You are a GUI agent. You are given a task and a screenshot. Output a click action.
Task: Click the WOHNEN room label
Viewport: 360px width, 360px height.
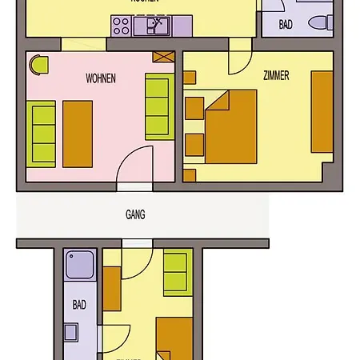(x=101, y=78)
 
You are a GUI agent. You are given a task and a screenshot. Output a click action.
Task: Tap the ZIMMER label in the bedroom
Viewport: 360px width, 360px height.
(x=275, y=75)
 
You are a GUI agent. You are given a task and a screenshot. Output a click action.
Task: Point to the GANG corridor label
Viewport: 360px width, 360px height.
(x=135, y=214)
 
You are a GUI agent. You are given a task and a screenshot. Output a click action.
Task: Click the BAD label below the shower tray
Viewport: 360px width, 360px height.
(x=79, y=305)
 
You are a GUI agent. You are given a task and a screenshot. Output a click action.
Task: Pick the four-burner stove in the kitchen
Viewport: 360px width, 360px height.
(x=121, y=26)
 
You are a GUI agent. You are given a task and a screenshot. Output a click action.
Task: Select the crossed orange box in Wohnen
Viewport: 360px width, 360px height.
(x=164, y=58)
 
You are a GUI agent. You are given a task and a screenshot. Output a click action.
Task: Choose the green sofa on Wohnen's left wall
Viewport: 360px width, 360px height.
(x=40, y=134)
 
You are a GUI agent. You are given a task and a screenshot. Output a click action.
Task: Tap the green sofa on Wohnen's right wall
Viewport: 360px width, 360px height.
(x=157, y=106)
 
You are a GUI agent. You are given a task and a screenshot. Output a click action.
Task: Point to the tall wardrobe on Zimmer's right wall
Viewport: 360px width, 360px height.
(x=322, y=112)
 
